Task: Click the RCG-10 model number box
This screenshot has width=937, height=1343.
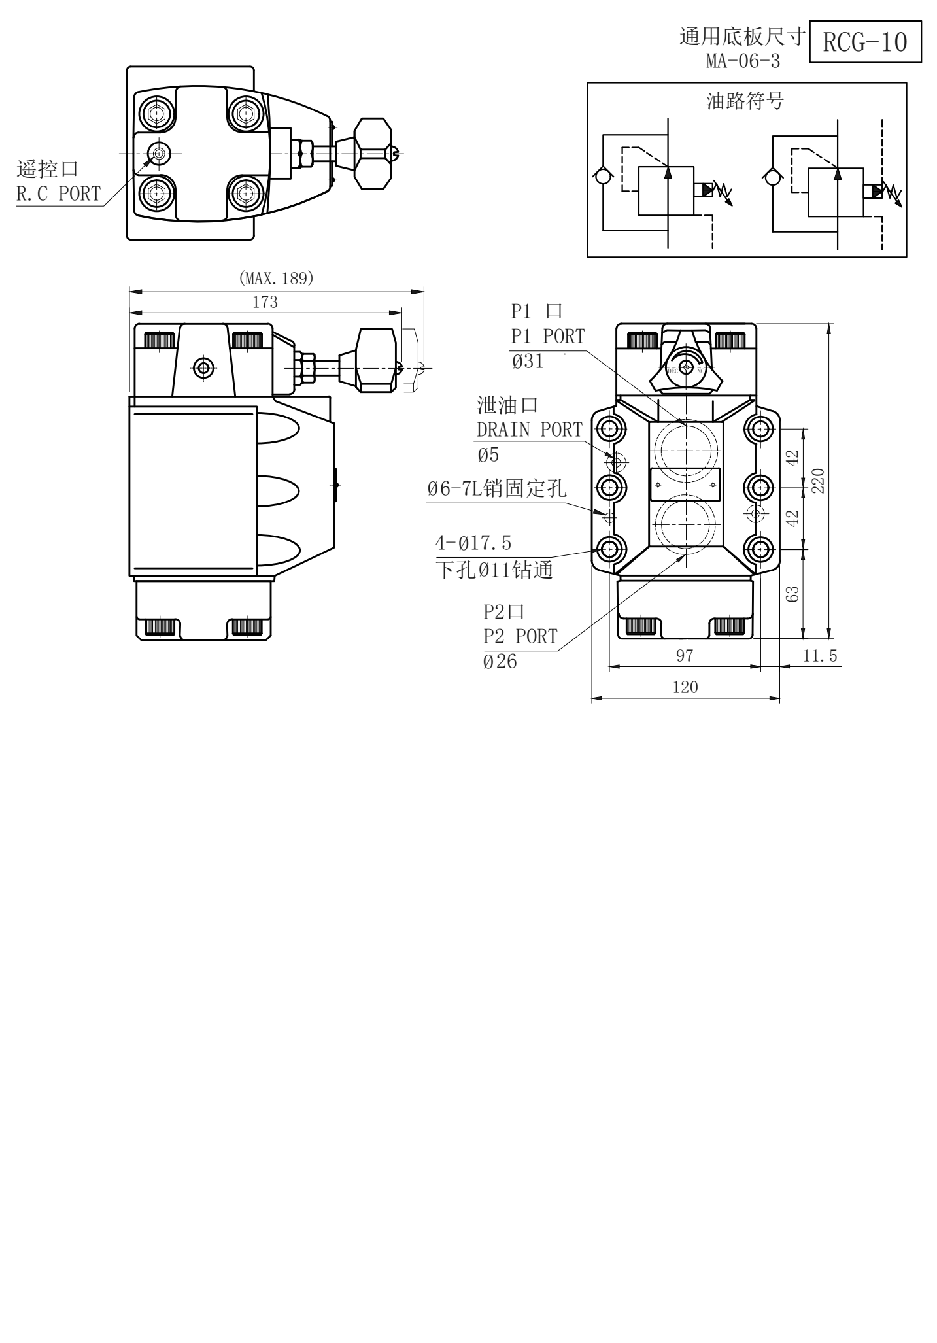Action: click(x=865, y=42)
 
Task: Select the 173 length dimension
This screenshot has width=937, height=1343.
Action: click(x=265, y=302)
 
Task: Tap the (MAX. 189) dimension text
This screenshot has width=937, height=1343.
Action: click(x=277, y=279)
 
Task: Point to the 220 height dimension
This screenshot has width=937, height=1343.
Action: click(x=818, y=481)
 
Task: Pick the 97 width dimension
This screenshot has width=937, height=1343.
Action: click(x=685, y=656)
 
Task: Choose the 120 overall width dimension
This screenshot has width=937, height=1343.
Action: click(x=685, y=687)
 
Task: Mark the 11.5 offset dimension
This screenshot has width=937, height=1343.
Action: click(x=820, y=656)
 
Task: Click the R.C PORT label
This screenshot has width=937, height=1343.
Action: click(x=59, y=194)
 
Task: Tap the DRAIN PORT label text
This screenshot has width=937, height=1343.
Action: click(x=529, y=430)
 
